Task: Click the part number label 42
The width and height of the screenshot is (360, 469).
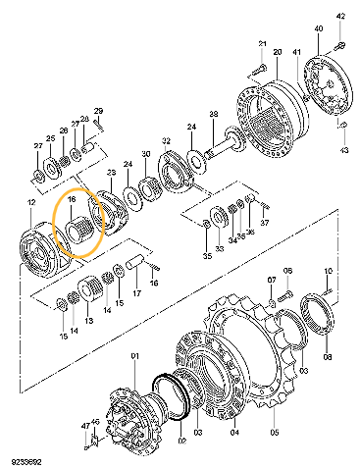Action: (341, 17)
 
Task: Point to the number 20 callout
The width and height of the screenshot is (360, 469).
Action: (278, 51)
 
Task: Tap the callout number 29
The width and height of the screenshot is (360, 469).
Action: (98, 111)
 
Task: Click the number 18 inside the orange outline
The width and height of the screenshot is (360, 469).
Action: (72, 198)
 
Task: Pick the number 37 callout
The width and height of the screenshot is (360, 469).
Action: (264, 221)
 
